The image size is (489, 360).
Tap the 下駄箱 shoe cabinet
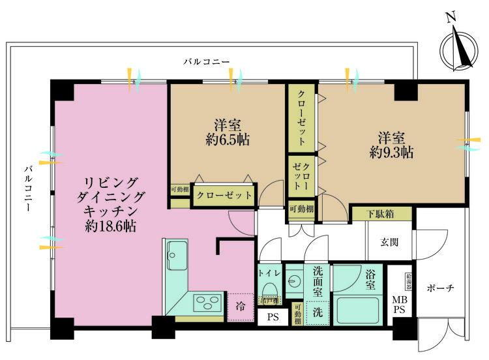(381, 213)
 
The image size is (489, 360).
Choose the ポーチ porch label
(441, 288)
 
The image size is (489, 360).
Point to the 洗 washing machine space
(318, 312)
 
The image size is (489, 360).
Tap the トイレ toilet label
(269, 273)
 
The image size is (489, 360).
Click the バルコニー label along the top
(206, 62)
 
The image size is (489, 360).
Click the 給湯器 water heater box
(408, 280)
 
